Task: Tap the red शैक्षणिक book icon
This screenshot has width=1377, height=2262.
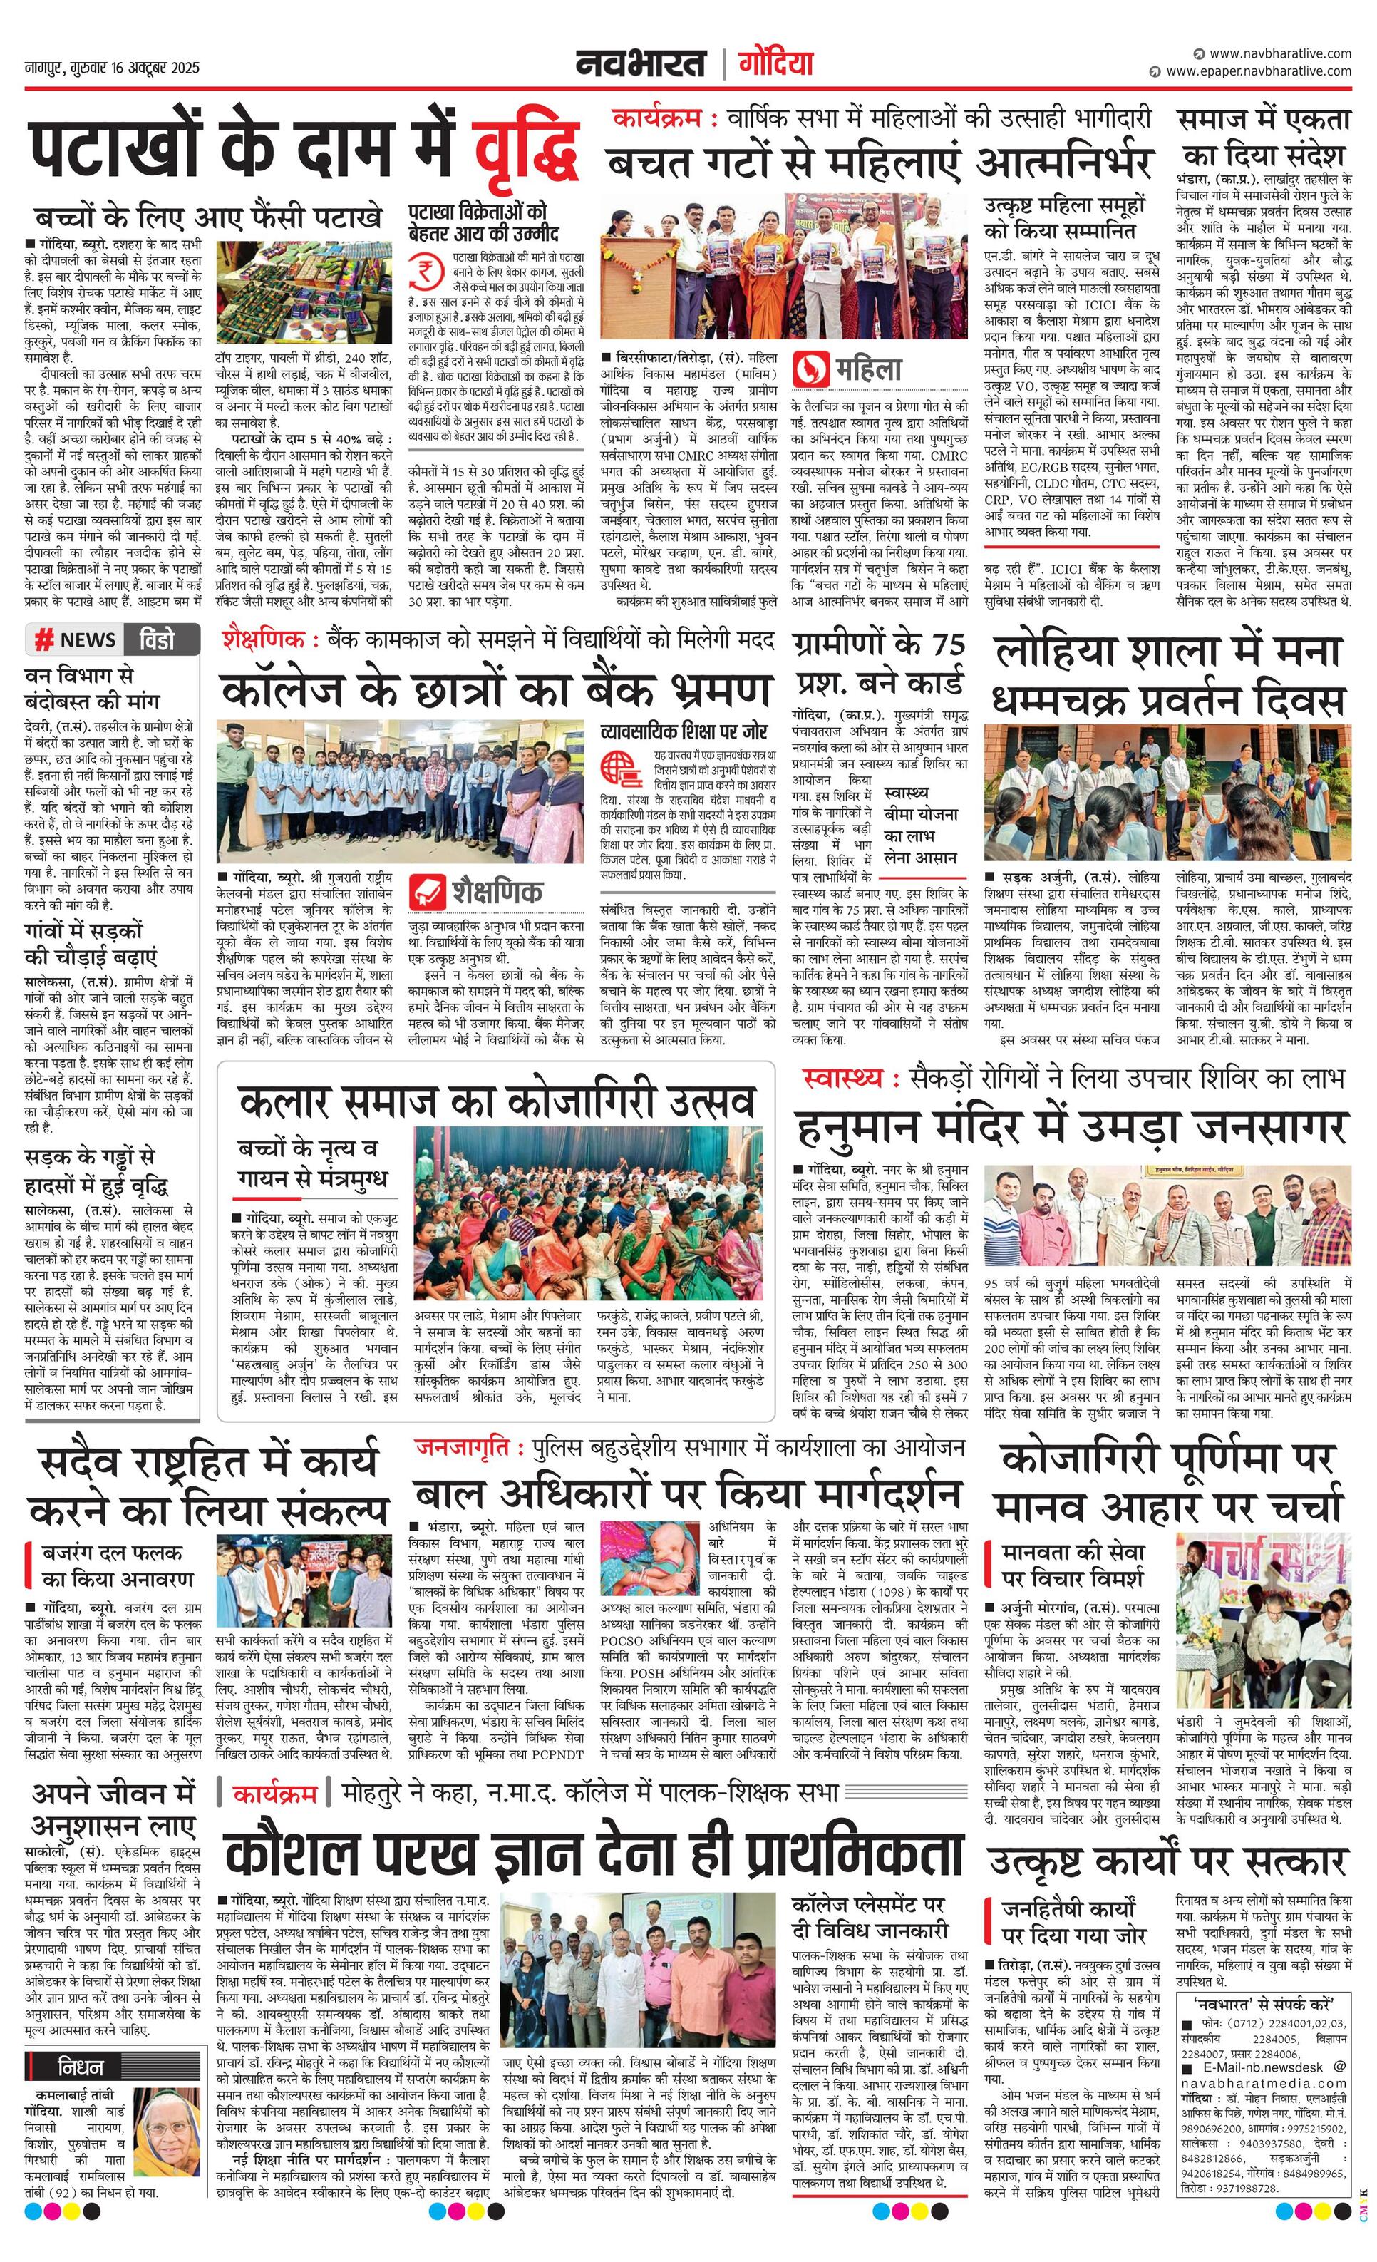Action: [428, 890]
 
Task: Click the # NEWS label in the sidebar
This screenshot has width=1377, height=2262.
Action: [76, 640]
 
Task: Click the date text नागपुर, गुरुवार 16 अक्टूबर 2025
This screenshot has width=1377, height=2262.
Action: [112, 69]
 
